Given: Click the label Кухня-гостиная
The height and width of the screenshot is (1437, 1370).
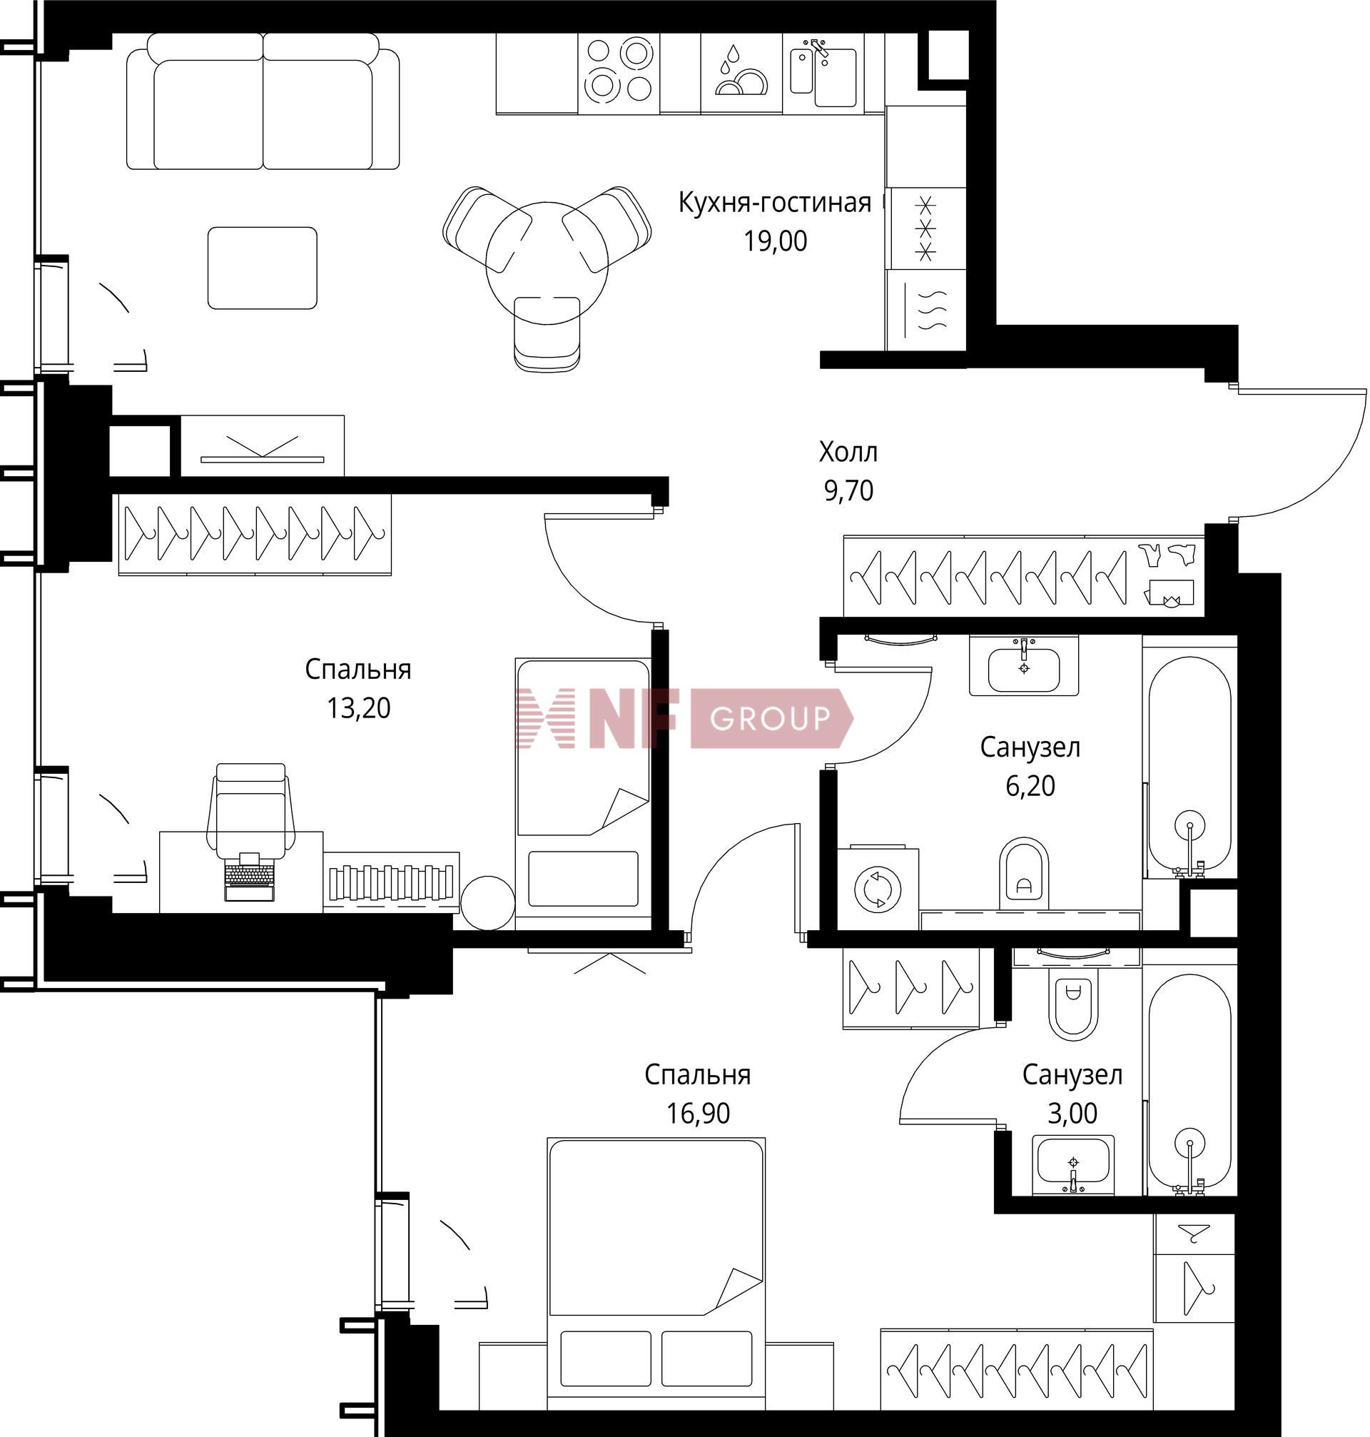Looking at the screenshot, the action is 775,202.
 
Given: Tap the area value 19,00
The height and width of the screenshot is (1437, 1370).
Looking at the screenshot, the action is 776,241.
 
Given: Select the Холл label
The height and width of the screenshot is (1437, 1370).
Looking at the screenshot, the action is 848,452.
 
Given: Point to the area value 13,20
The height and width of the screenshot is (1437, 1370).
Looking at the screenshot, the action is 359,708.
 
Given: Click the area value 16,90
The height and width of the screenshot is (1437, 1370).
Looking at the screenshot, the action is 698,1114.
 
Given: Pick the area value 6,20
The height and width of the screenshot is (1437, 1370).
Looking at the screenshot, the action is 1030,786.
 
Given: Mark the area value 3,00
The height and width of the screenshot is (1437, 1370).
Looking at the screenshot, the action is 1072,1114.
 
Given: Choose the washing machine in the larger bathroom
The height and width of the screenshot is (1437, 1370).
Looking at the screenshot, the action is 877,889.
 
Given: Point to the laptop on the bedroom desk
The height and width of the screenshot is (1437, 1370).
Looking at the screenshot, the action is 250,877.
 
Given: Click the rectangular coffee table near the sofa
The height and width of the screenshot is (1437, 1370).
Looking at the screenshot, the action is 262,268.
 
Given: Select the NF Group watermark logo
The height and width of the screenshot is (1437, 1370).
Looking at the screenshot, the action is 684,718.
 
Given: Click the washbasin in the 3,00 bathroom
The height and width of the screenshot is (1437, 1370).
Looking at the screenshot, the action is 1073,1164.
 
